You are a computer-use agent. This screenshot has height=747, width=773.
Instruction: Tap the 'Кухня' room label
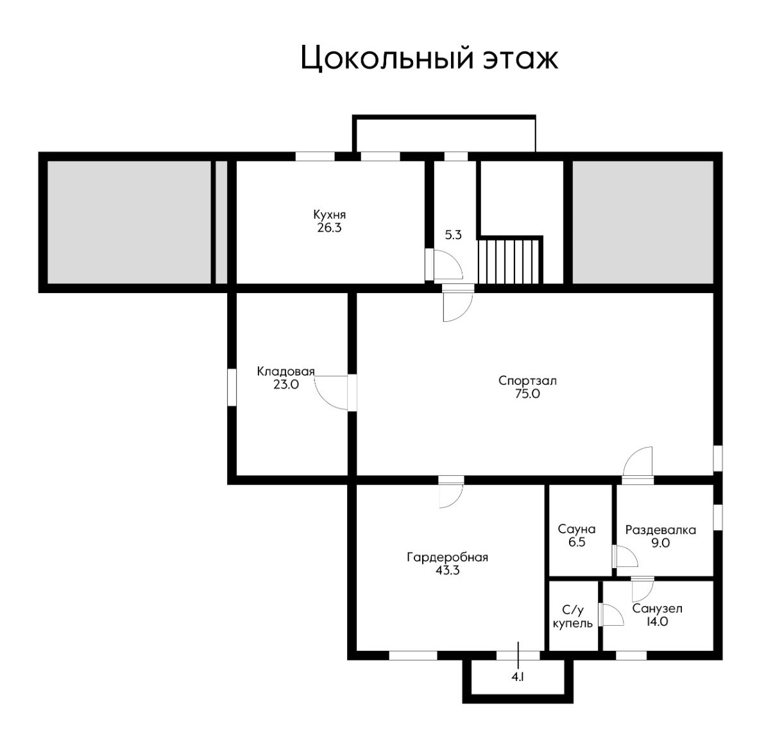tap(329, 215)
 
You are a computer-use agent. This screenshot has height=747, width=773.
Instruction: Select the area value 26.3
tap(329, 228)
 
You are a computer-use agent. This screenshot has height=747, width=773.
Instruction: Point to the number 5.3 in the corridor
tap(453, 235)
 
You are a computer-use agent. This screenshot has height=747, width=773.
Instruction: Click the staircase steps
tap(509, 260)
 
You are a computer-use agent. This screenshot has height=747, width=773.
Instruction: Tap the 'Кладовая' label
tap(285, 371)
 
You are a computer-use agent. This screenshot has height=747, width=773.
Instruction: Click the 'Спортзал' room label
tap(527, 380)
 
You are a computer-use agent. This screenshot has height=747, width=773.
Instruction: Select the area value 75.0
tap(527, 394)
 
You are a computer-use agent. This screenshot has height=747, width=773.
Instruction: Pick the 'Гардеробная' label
tap(447, 558)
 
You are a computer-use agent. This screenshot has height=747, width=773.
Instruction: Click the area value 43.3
tap(447, 571)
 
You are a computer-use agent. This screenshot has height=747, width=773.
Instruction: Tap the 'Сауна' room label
tap(576, 529)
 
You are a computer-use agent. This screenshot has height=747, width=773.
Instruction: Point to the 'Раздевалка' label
tap(661, 530)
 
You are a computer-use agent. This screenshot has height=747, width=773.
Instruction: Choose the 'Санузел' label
tap(657, 609)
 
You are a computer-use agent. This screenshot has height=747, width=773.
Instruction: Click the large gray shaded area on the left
tap(129, 222)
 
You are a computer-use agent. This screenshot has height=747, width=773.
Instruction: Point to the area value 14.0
tap(657, 622)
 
